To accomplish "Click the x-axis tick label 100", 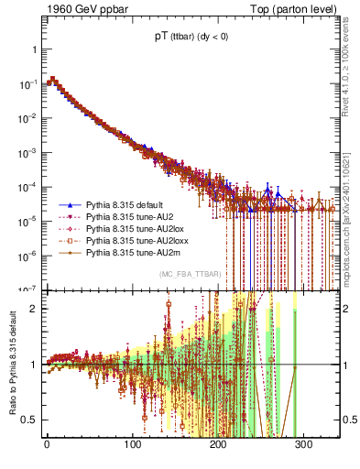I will pyautogui.click(x=134, y=444).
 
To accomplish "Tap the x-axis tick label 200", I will pyautogui.click(x=221, y=444).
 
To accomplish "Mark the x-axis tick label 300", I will pyautogui.click(x=308, y=444).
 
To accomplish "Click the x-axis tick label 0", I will pyautogui.click(x=47, y=444).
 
